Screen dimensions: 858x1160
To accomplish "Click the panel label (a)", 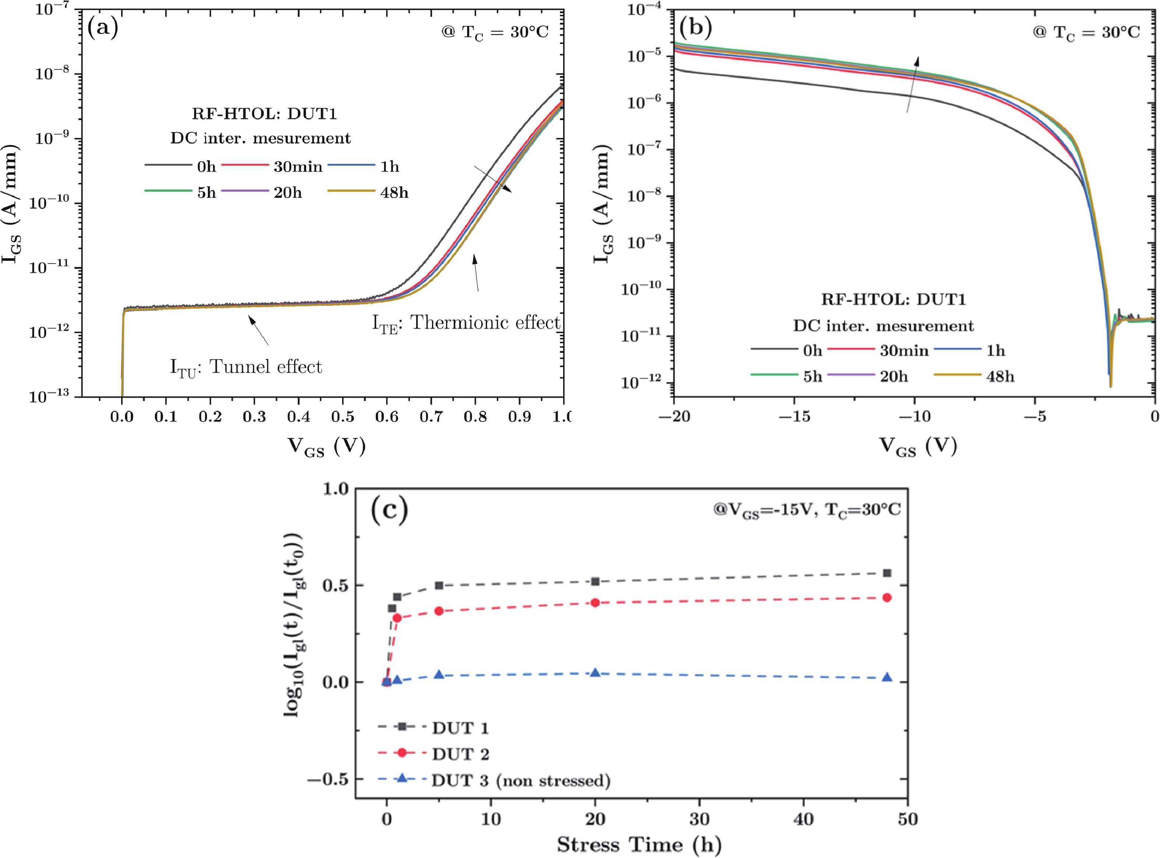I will pos(103,27).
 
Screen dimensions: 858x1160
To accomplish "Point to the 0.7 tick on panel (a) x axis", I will pos(430,417).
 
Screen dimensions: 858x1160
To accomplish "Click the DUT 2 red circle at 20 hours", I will pos(595,603).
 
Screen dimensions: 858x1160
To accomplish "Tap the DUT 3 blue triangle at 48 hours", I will pos(887,678).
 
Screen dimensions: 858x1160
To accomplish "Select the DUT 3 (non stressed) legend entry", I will pos(520,781).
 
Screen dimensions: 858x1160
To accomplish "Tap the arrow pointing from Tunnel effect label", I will pos(258,330).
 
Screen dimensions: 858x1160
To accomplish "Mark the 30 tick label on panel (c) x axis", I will pos(699,819).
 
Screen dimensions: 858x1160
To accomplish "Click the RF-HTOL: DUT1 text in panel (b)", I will pos(893,300).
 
